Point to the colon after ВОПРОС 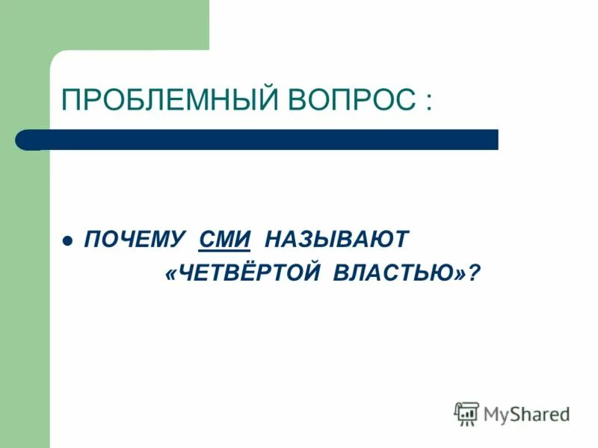point(427,101)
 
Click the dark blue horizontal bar point(262,140)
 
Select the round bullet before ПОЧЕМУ point(67,242)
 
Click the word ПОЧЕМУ point(135,240)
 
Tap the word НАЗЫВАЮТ point(337,240)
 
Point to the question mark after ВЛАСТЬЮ point(472,274)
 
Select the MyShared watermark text point(526,414)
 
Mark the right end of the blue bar point(495,140)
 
